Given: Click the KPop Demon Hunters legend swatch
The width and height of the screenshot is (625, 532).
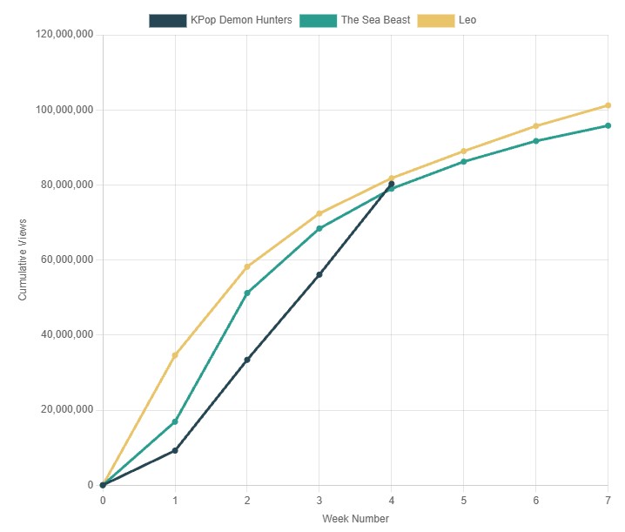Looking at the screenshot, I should point(167,20).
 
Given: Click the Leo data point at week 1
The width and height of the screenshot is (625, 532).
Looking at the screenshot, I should point(175,355).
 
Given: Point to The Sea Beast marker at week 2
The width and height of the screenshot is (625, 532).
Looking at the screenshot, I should point(247,293).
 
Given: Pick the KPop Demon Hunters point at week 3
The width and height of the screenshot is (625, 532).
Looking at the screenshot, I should point(319,274).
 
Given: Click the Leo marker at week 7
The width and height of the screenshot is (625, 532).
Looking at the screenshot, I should point(608,105).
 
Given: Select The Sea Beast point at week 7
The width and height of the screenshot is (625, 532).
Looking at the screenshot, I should point(608,125).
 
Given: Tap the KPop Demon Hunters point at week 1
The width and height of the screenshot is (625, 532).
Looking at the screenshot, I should point(175,450).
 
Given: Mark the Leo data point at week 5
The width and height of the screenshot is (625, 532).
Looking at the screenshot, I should point(463,152).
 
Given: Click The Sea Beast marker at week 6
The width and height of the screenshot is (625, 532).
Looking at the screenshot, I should point(535,141).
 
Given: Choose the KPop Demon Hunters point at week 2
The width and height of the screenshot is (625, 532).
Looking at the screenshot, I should point(247,360).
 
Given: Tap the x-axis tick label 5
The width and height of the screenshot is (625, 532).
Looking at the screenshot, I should point(463,501).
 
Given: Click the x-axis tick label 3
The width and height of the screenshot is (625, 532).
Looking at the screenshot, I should point(319,501).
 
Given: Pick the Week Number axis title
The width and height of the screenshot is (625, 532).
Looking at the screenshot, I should point(355,519).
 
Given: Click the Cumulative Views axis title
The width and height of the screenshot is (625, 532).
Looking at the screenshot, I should point(24,260).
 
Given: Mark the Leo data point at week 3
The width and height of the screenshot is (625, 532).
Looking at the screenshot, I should point(319,213).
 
